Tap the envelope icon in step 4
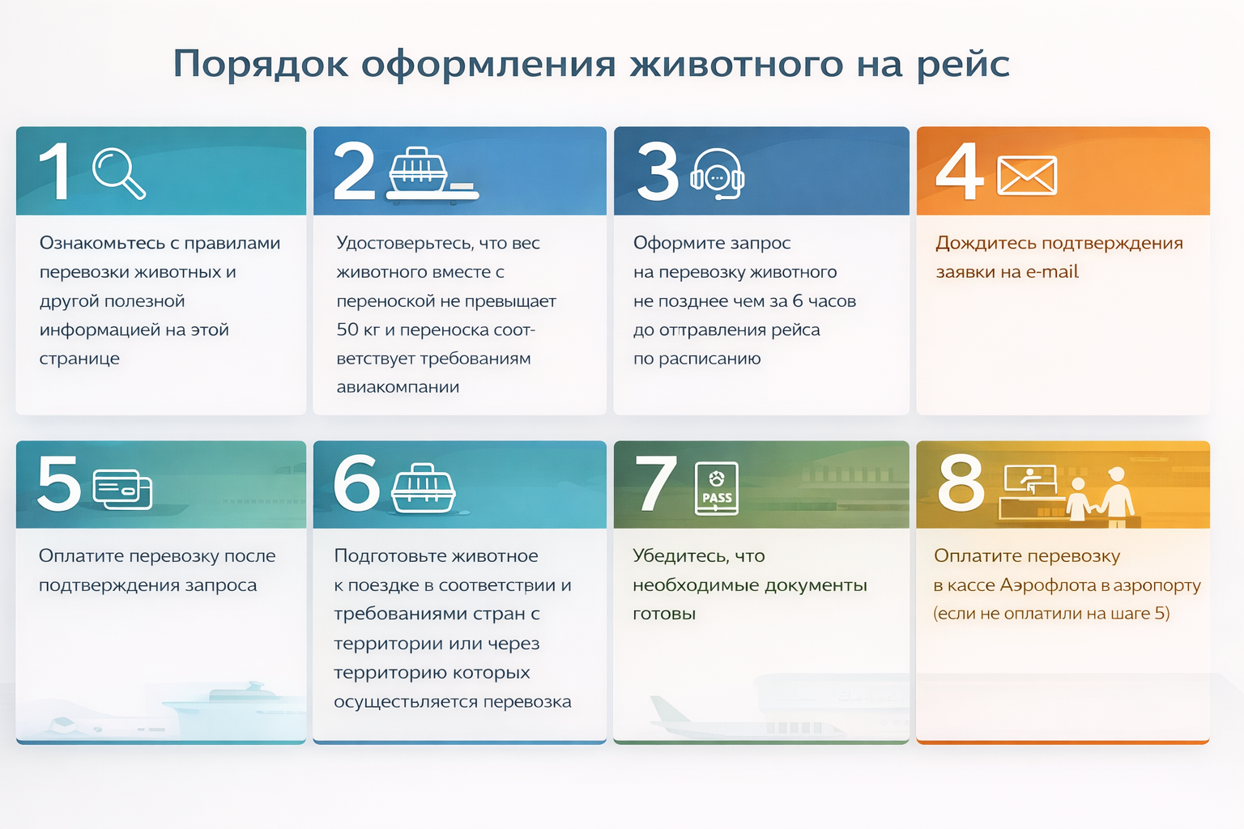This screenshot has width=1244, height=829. point(1027,176)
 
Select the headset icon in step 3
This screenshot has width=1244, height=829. point(717,174)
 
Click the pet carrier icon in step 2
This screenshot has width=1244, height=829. point(432,173)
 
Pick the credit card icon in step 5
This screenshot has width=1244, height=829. point(122,489)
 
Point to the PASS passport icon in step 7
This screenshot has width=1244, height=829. point(717,489)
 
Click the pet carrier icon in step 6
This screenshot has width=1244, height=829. point(424,488)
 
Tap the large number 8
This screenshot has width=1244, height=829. point(961,482)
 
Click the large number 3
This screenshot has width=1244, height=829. point(658,171)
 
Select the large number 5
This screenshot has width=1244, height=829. point(59,482)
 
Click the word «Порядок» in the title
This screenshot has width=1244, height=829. point(261,63)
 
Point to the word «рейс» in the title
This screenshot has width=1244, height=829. point(962,64)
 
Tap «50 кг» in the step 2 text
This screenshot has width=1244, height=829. point(358,329)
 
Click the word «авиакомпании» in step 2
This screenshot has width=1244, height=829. point(398,386)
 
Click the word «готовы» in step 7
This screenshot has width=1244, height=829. point(664,614)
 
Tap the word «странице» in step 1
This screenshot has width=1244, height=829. point(79,359)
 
